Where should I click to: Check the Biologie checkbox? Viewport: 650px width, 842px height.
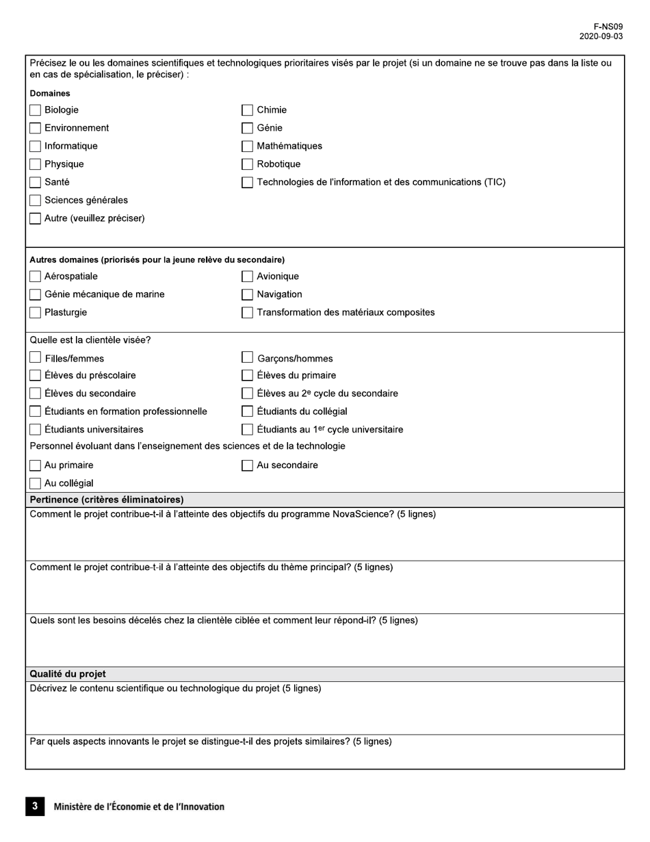[36, 110]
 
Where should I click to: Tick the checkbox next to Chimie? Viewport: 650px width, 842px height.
[248, 110]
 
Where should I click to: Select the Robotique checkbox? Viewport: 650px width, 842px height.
[248, 164]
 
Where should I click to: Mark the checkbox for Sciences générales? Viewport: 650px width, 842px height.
[36, 201]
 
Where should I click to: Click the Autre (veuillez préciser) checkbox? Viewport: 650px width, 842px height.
[36, 218]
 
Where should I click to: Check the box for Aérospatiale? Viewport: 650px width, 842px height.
[36, 277]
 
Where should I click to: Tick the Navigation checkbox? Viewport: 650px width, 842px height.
[248, 294]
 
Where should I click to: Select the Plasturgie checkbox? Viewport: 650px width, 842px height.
[36, 312]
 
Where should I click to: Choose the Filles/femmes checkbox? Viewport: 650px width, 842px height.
[36, 357]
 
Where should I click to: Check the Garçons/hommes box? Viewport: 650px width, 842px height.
[248, 357]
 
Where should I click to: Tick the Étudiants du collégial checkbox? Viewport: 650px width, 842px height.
[248, 411]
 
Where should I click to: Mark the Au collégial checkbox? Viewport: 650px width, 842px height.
[36, 483]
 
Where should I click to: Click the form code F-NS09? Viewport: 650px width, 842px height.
[608, 27]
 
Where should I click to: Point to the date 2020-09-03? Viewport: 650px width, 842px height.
[601, 36]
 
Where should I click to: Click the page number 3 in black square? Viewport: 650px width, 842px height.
[35, 806]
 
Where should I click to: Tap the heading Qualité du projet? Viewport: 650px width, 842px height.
[67, 674]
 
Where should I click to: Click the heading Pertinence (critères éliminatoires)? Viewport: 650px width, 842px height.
[106, 500]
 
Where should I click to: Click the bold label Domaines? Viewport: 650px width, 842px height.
[50, 93]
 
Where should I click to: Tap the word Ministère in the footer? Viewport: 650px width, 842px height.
[74, 807]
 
